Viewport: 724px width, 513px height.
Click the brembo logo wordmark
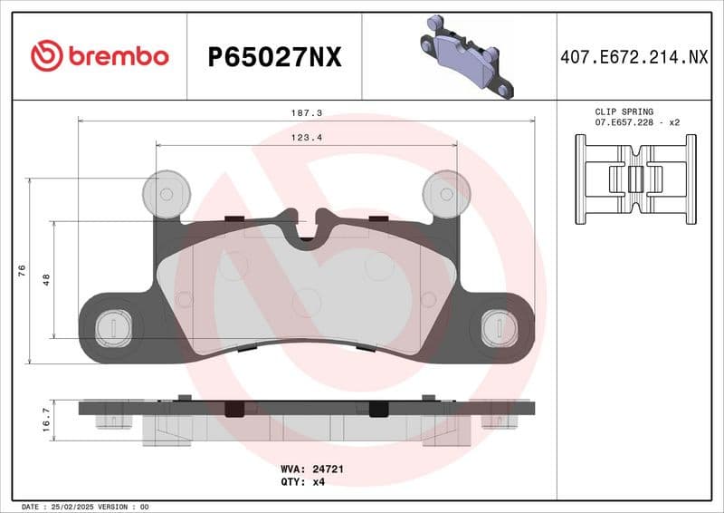tap(100, 56)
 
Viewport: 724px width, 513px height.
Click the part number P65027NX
tap(274, 57)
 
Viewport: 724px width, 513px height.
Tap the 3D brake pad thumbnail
tap(464, 56)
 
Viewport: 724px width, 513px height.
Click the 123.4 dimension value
tap(306, 138)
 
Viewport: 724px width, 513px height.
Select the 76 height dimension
tap(21, 271)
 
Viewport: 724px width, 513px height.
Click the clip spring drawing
tap(636, 178)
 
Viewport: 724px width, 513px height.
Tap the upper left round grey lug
tap(167, 193)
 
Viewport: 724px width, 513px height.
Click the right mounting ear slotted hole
tap(499, 325)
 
